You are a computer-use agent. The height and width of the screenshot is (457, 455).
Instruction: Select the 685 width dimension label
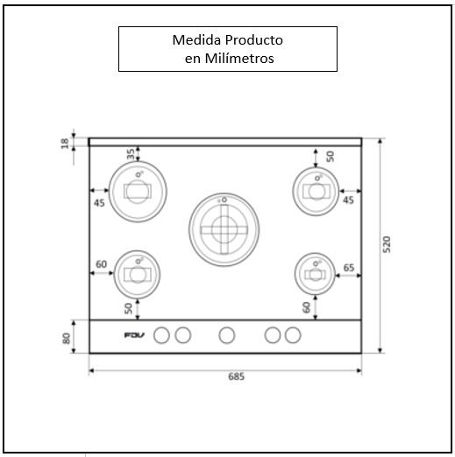[x=235, y=377]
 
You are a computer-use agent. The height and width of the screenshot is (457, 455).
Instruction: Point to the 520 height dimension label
[x=388, y=245]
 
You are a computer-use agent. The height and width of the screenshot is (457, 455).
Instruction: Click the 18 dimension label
[x=65, y=143]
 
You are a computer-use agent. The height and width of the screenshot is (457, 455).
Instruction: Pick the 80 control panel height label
[x=66, y=337]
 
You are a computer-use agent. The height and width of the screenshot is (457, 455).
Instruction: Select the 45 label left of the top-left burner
[x=100, y=202]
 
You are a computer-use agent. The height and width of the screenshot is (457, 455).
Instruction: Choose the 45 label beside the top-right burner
[x=348, y=200]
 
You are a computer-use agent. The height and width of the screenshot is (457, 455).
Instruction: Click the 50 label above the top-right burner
[x=330, y=156]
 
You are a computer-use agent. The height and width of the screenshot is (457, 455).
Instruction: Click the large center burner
[x=223, y=227]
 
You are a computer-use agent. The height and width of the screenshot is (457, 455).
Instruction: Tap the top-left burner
[x=137, y=189]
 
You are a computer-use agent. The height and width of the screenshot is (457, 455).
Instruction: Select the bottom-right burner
[x=316, y=274]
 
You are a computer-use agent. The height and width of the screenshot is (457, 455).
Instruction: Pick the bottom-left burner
[x=137, y=274]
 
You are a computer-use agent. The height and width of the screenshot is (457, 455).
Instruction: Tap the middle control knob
[x=227, y=334]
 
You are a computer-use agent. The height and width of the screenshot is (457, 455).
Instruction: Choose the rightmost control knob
[x=293, y=334]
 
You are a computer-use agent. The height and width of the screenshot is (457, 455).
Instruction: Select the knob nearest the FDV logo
[x=162, y=334]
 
